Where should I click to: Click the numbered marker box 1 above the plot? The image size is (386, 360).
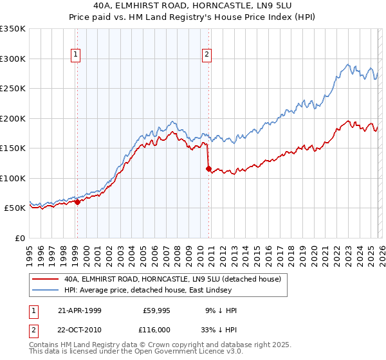76,55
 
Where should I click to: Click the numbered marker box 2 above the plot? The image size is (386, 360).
207,55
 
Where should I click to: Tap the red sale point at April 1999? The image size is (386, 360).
77,202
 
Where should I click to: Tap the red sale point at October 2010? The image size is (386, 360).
208,168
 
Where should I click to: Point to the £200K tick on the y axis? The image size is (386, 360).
13,118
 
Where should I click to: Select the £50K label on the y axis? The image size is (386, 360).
15,208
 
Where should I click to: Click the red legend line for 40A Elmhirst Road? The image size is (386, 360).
45,280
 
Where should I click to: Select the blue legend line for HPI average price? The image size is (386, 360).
45,291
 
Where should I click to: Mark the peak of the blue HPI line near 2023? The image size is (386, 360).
348,64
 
